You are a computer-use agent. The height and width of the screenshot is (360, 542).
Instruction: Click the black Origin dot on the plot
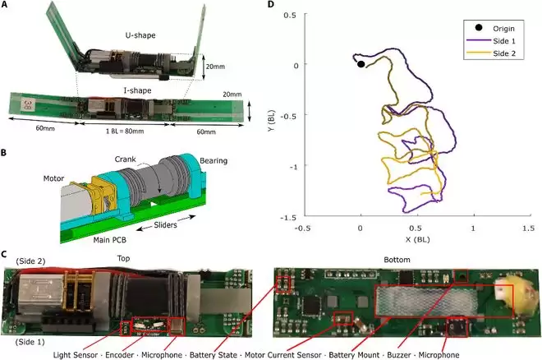pos(361,64)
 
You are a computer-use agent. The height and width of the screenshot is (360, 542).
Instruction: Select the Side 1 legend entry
pos(491,41)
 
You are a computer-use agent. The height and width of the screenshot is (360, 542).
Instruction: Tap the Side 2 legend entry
pos(491,53)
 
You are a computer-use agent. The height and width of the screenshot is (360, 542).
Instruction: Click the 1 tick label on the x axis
pos(473,228)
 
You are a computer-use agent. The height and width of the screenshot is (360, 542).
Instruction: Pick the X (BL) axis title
pos(417,239)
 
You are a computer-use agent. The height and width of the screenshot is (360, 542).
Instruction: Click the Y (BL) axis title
pos(272,120)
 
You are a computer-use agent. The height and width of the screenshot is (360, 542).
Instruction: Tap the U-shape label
pos(140,35)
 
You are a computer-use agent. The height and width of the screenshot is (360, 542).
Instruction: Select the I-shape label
pos(138,90)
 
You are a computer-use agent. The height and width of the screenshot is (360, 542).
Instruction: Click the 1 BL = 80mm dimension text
pos(125,132)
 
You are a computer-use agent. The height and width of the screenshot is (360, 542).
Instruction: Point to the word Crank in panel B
pos(125,159)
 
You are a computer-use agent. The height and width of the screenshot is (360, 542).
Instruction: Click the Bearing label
pos(214,161)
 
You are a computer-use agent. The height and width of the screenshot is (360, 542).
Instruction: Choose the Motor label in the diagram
pos(53,178)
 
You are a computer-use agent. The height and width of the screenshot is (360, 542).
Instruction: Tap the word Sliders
pos(165,224)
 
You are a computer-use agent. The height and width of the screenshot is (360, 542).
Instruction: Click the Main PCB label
pos(109,240)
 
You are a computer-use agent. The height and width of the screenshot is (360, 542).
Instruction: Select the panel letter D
pos(271,4)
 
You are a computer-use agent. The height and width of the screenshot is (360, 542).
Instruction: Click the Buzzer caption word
pos(399,355)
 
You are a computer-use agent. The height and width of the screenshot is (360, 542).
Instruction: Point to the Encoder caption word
pos(119,355)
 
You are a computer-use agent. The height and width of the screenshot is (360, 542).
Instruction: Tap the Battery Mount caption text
pos(354,355)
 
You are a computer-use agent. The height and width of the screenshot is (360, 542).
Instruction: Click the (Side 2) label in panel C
pos(30,261)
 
